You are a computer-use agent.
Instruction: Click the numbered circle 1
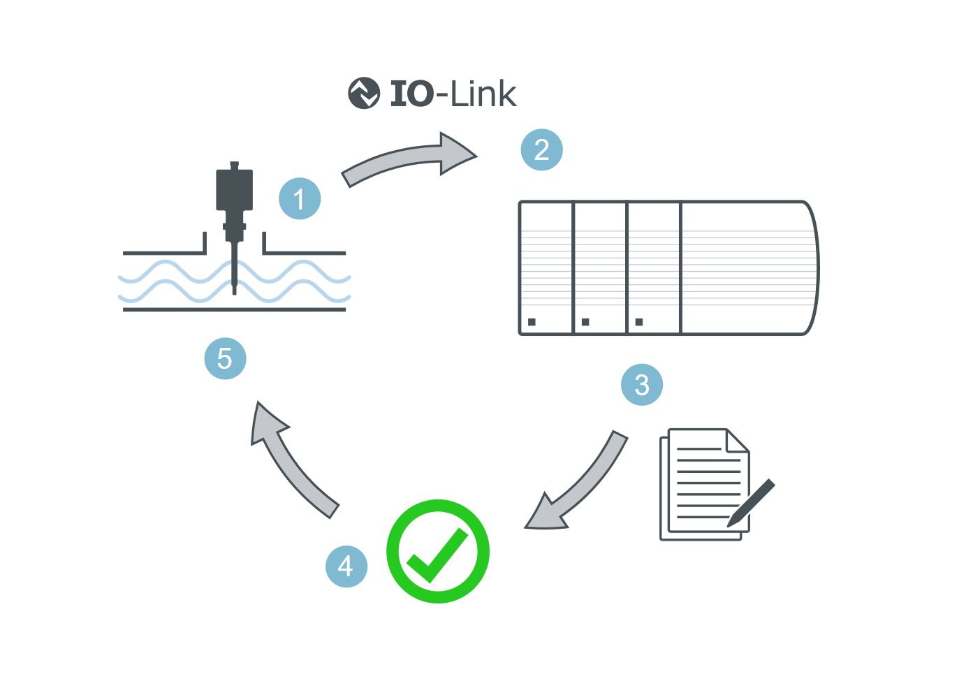(x=300, y=199)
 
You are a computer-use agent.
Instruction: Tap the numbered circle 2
(x=541, y=149)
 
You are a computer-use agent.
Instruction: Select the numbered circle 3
(x=642, y=385)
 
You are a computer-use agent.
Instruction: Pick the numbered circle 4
(x=346, y=566)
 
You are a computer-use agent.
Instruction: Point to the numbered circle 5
(x=225, y=358)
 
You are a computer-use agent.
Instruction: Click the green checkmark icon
(x=438, y=551)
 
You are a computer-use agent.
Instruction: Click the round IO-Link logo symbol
(x=364, y=94)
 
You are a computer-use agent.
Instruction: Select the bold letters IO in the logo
(x=412, y=94)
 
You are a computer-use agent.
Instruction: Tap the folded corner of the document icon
(x=738, y=441)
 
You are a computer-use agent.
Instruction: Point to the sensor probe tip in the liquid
(x=234, y=283)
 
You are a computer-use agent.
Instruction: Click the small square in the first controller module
(x=532, y=322)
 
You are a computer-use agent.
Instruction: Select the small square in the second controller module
(x=585, y=322)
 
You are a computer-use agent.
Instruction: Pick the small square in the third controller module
(x=639, y=322)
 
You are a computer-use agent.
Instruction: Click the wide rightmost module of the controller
(x=747, y=269)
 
